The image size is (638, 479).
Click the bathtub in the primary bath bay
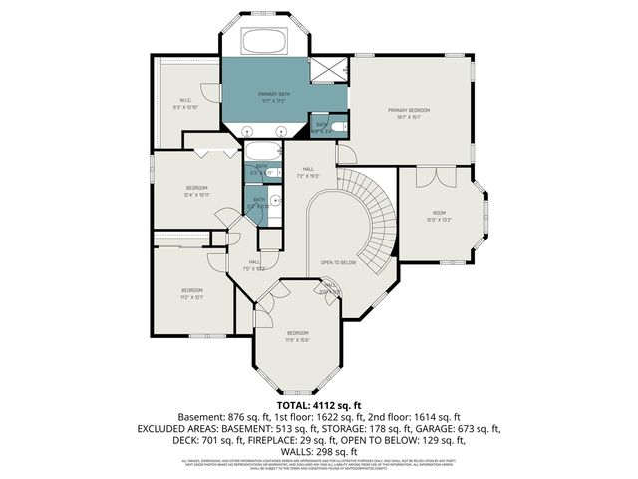(265, 42)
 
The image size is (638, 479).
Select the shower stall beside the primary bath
(328, 70)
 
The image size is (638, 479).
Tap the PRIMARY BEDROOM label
(409, 111)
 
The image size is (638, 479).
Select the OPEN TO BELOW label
(339, 263)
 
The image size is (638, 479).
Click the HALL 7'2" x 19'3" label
(308, 172)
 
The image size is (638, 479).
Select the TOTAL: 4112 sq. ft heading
(318, 404)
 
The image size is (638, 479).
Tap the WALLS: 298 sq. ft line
(318, 452)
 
